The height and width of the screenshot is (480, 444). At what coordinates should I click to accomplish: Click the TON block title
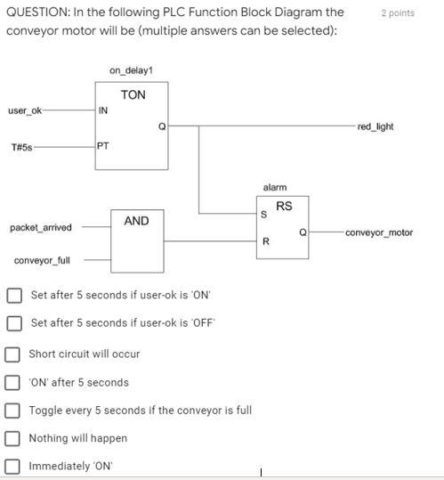133,94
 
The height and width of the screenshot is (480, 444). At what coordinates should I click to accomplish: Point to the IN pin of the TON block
103,111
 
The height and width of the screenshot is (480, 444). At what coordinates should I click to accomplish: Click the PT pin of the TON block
103,147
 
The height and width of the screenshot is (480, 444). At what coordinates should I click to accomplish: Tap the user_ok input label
25,110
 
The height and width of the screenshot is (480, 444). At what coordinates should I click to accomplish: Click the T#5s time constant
22,147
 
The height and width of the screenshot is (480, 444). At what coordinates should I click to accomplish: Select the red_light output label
375,126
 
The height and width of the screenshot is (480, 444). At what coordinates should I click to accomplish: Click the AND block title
136,221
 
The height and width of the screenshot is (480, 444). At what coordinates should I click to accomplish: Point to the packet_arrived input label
41,228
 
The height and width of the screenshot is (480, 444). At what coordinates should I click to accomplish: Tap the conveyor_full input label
42,260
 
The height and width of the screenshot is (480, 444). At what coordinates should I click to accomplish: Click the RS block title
284,207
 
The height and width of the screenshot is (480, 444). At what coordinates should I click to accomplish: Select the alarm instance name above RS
275,187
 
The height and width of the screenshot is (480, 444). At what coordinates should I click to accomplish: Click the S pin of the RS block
263,215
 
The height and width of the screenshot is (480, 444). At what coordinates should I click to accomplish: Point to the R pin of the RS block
264,241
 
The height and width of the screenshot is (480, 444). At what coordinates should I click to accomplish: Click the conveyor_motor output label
379,232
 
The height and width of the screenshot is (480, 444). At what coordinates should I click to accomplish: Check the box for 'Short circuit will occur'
12,354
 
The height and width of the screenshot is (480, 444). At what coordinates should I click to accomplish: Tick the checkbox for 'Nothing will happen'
12,438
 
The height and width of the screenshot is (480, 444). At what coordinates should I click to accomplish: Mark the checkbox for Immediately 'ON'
12,466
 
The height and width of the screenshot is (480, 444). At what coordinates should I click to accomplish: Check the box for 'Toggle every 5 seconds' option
12,411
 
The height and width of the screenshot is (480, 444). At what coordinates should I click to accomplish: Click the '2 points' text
397,13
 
